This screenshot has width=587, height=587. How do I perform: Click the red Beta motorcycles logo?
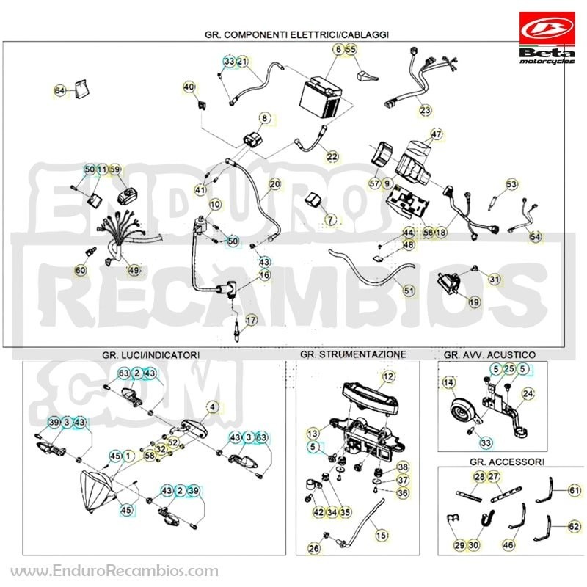(x=547, y=38)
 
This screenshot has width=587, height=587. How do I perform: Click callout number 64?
(x=60, y=90)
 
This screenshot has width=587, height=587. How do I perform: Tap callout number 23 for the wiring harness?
(x=425, y=110)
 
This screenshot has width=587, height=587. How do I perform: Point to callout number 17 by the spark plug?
(x=251, y=320)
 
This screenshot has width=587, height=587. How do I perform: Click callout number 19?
(x=474, y=302)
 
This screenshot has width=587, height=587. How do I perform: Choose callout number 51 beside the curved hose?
(x=409, y=291)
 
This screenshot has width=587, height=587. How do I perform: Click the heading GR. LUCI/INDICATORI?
(x=151, y=355)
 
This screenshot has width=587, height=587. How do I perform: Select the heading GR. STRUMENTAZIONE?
(x=353, y=354)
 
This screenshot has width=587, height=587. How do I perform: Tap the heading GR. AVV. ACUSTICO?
(x=489, y=354)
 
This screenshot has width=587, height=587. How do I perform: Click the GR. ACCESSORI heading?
(x=507, y=462)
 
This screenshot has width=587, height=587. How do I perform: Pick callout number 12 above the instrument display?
(x=388, y=376)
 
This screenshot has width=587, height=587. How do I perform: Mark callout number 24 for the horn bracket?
(x=528, y=393)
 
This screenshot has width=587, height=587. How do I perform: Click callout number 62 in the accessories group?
(x=574, y=526)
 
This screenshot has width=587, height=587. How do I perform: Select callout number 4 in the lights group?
(x=213, y=406)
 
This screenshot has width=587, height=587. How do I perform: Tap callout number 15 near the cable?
(x=381, y=536)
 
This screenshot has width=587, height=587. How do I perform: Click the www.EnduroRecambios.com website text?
(x=114, y=571)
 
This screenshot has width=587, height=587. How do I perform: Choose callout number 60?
(x=81, y=270)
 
